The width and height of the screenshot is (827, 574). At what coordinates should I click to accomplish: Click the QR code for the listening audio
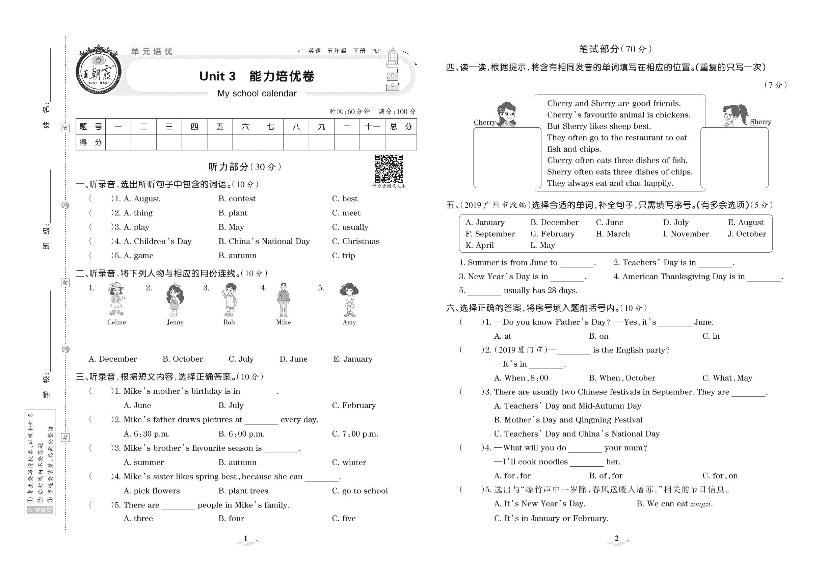(x=389, y=169)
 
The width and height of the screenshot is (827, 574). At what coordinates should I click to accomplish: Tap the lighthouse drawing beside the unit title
(x=393, y=71)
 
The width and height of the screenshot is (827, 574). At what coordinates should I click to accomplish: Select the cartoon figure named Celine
(x=116, y=299)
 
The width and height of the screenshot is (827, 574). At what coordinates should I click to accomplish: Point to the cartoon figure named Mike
(x=283, y=299)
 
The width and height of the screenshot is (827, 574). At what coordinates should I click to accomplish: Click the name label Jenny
(x=175, y=322)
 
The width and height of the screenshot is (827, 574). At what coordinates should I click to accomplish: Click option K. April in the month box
(x=479, y=245)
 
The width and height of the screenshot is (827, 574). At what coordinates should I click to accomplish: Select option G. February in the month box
(x=552, y=234)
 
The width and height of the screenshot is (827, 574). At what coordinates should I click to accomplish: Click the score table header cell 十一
(x=372, y=127)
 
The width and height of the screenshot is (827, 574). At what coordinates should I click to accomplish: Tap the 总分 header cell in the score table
(x=401, y=127)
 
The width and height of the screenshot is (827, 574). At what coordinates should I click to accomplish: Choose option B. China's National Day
(x=264, y=241)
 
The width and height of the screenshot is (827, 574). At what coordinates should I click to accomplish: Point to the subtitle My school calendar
(x=257, y=94)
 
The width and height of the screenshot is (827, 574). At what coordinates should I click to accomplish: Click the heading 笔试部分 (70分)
(x=616, y=49)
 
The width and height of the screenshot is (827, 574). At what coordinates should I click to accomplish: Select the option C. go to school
(x=359, y=491)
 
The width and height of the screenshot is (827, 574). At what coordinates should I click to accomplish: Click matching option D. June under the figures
(x=293, y=359)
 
